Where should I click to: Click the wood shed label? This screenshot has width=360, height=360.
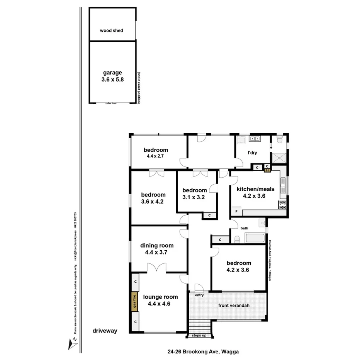pyautogui.click(x=111, y=30)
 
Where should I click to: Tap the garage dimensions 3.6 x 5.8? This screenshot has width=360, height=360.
pyautogui.click(x=112, y=80)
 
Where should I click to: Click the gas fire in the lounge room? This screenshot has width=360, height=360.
pyautogui.click(x=134, y=302)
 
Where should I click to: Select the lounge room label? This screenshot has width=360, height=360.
pyautogui.click(x=160, y=297)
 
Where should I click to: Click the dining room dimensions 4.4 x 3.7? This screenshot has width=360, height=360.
pyautogui.click(x=156, y=252)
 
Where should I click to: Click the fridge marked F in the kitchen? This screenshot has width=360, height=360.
pyautogui.click(x=236, y=212)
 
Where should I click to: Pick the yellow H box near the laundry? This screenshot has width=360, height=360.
pyautogui.click(x=267, y=169)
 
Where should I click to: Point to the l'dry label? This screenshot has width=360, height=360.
pyautogui.click(x=252, y=153)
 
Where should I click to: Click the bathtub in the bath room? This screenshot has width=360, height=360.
pyautogui.click(x=255, y=238)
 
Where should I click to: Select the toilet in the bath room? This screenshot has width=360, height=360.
pyautogui.click(x=237, y=240)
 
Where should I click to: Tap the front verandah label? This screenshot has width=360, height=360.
pyautogui.click(x=234, y=306)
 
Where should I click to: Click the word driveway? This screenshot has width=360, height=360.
pyautogui.click(x=105, y=331)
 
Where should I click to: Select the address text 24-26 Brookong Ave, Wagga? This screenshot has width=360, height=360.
pyautogui.click(x=203, y=352)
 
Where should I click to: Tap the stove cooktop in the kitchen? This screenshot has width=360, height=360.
pyautogui.click(x=282, y=204)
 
